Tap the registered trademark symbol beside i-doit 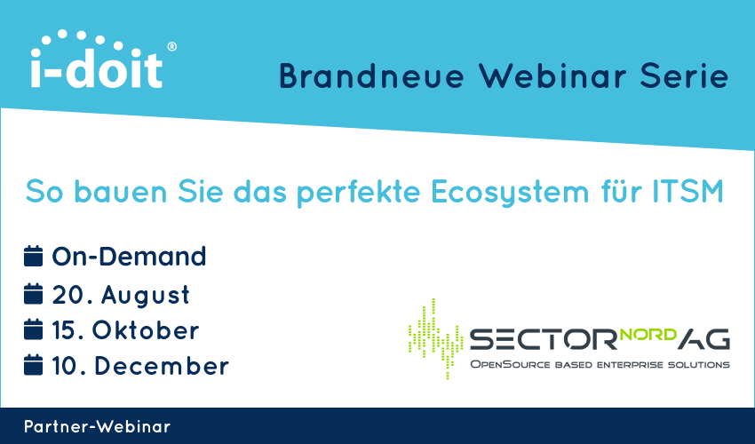(172, 47)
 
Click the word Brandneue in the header (371, 76)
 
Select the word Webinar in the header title (552, 76)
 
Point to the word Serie (684, 76)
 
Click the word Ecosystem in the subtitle (511, 192)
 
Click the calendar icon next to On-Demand (33, 256)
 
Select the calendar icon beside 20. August (33, 294)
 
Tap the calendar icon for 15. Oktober (33, 329)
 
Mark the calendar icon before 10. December (33, 365)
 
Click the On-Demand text (129, 257)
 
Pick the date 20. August (121, 295)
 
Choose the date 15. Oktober (125, 330)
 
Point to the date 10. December (140, 366)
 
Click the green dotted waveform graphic (436, 338)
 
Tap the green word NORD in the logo (648, 334)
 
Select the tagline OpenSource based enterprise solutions (600, 365)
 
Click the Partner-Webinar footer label (98, 426)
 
